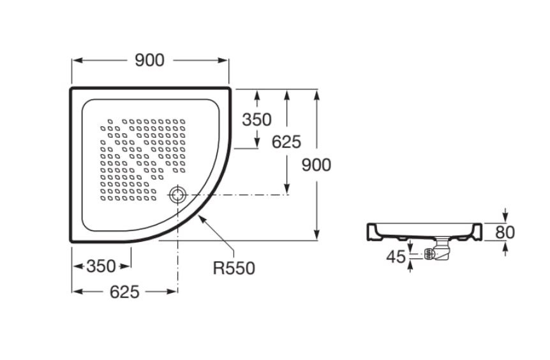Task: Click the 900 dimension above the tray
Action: coord(149,61)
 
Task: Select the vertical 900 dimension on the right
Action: coord(316,165)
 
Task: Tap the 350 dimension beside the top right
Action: coord(256,119)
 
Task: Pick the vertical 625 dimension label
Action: coord(286,142)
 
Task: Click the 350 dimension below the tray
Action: coord(101,266)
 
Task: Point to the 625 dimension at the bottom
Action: coord(124,292)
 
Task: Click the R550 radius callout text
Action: coord(234,269)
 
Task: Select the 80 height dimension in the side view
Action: coord(505,232)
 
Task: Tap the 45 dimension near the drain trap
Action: coord(396,257)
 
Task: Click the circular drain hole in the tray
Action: coord(177,195)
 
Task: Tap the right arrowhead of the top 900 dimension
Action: coord(223,61)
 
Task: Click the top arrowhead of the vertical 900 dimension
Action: coord(316,95)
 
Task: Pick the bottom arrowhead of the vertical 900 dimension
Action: coord(316,235)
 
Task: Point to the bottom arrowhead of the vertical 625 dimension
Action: coord(287,189)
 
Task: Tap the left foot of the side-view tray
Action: coord(372,232)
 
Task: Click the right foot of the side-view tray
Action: coord(477,232)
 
